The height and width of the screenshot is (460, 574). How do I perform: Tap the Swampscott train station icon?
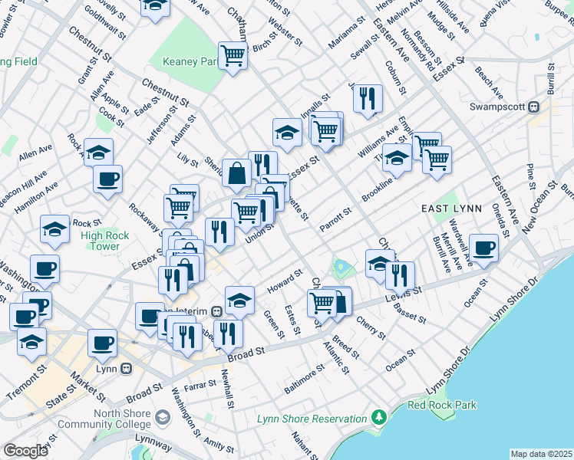pos(550,107)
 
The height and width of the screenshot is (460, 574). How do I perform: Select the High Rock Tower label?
pos(100,241)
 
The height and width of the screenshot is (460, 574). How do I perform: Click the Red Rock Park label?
pos(441,405)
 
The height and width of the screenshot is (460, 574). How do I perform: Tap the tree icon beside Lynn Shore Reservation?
pos(378,418)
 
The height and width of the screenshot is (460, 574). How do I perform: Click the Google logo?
pos(25,451)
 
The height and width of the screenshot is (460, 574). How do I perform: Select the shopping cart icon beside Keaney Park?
pos(232,54)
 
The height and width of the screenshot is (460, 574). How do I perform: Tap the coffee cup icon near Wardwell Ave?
pos(484,248)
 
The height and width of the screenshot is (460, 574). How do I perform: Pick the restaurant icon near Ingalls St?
pos(368,98)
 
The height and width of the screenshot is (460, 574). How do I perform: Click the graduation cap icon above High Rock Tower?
pos(54,228)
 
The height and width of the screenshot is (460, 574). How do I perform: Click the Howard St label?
pos(285,281)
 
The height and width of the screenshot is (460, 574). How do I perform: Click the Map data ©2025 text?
pos(540,454)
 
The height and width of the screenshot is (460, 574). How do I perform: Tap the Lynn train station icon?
pos(127,368)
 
